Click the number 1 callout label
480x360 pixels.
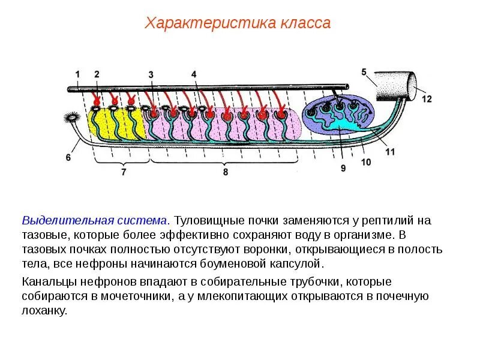click(77, 74)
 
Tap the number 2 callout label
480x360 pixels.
click(97, 74)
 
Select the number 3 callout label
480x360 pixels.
click(151, 74)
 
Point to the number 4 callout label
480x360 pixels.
click(194, 74)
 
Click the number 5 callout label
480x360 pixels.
click(364, 72)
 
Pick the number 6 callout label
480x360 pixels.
click(68, 157)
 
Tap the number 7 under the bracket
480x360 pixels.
click(124, 172)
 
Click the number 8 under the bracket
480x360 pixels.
click(226, 172)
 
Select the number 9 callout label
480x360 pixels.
click(343, 169)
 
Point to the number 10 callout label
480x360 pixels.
click(367, 162)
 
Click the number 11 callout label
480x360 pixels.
click(390, 152)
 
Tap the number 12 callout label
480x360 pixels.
click(426, 99)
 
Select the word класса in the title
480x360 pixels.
click(305, 23)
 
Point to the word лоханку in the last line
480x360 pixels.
click(44, 311)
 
